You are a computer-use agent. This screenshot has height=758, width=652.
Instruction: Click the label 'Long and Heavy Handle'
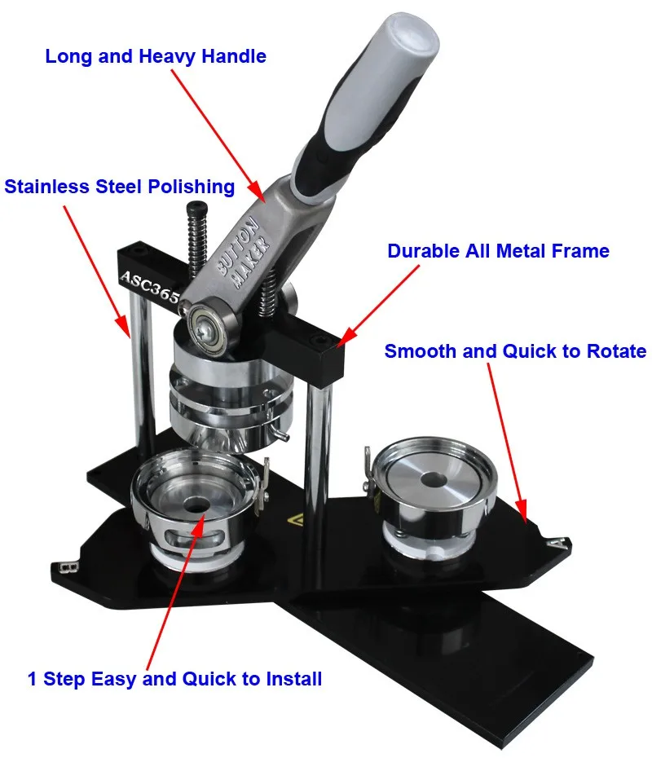(156, 56)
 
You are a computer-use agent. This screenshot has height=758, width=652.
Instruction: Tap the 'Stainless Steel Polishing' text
(120, 187)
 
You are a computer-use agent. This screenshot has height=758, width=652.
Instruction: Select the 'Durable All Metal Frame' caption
(498, 251)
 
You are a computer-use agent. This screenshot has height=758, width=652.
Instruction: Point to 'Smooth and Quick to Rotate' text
(515, 351)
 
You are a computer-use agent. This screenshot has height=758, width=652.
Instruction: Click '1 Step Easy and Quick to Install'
(174, 678)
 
